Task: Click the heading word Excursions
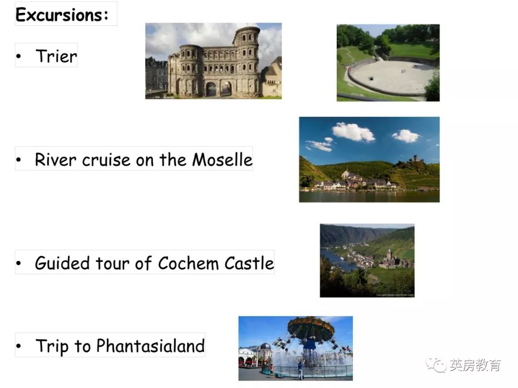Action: click(x=62, y=15)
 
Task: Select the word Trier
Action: click(x=56, y=56)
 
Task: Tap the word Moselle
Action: click(x=223, y=160)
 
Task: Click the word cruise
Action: click(x=106, y=160)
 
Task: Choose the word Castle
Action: click(x=249, y=263)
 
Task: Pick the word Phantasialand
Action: click(x=150, y=346)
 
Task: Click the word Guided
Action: click(x=62, y=263)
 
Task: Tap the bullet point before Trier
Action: click(x=19, y=56)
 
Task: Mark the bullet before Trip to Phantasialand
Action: click(x=19, y=346)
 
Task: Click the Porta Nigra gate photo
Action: click(x=213, y=61)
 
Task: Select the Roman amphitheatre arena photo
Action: click(x=388, y=63)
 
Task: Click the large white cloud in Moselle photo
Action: click(x=353, y=132)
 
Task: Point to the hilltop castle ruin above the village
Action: click(x=415, y=160)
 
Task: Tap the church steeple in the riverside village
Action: click(x=346, y=172)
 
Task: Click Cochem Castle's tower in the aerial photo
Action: click(x=389, y=254)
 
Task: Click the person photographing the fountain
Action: click(x=300, y=369)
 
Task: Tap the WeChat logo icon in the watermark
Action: click(x=436, y=365)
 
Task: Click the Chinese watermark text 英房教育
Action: click(x=475, y=365)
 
